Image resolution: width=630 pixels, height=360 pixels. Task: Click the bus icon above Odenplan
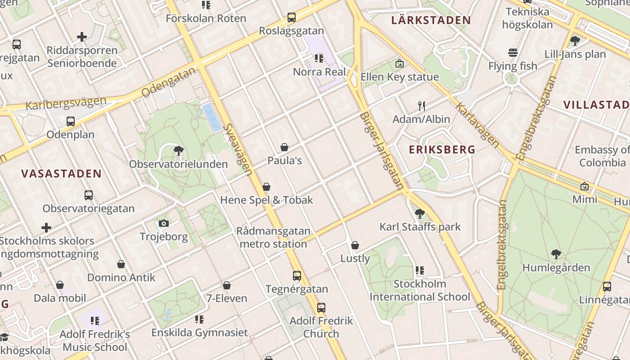[71, 121]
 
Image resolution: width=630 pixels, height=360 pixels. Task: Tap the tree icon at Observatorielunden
[179, 151]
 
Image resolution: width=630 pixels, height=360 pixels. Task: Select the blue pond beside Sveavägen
[211, 117]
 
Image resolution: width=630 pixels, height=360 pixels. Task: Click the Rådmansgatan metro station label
[273, 238]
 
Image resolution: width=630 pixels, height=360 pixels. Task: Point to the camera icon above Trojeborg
[164, 223]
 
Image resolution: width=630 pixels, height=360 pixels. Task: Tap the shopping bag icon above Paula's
[284, 147]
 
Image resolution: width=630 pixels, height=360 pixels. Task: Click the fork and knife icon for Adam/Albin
[421, 106]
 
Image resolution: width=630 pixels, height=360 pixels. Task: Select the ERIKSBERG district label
[442, 150]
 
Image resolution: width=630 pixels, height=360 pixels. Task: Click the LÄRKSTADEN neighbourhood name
[431, 20]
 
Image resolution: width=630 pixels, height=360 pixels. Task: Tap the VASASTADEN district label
[61, 174]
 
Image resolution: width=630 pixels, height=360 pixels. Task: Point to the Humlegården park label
[556, 268]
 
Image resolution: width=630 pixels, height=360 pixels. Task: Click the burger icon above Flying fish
[513, 53]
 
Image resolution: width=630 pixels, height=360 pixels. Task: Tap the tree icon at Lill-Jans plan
[575, 41]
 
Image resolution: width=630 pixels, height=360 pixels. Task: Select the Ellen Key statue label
[399, 77]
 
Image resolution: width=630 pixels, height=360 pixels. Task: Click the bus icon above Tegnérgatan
[297, 276]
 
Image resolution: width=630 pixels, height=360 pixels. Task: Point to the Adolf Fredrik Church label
[321, 327]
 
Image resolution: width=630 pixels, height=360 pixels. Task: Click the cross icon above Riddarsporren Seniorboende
[82, 37]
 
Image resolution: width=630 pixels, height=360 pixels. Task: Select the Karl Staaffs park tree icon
[420, 213]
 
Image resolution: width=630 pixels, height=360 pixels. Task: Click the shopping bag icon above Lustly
[355, 245]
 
